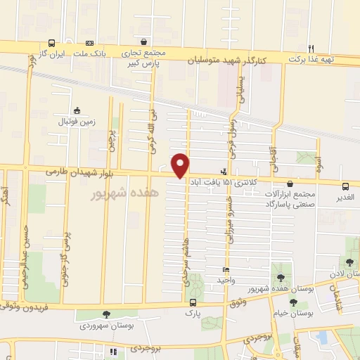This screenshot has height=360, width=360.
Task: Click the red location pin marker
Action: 181,165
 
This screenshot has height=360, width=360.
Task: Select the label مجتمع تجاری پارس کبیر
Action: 148,57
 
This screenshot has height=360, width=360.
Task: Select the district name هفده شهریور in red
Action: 126,192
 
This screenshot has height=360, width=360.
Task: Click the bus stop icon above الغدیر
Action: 345,186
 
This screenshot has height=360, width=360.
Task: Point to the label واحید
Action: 225,280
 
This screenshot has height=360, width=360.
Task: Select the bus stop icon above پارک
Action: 192,302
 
